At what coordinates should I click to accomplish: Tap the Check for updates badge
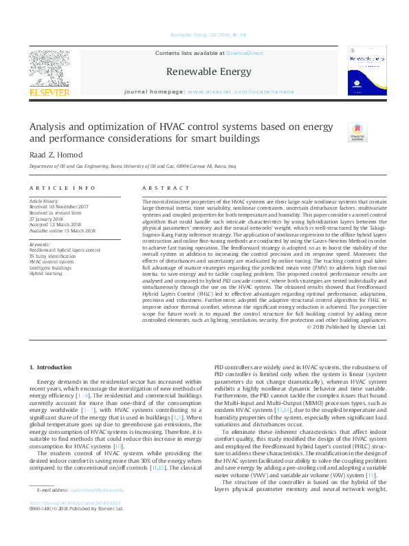pos(357,133)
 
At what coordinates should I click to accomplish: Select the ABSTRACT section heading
pos(163,188)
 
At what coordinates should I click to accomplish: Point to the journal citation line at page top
pos(203,34)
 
